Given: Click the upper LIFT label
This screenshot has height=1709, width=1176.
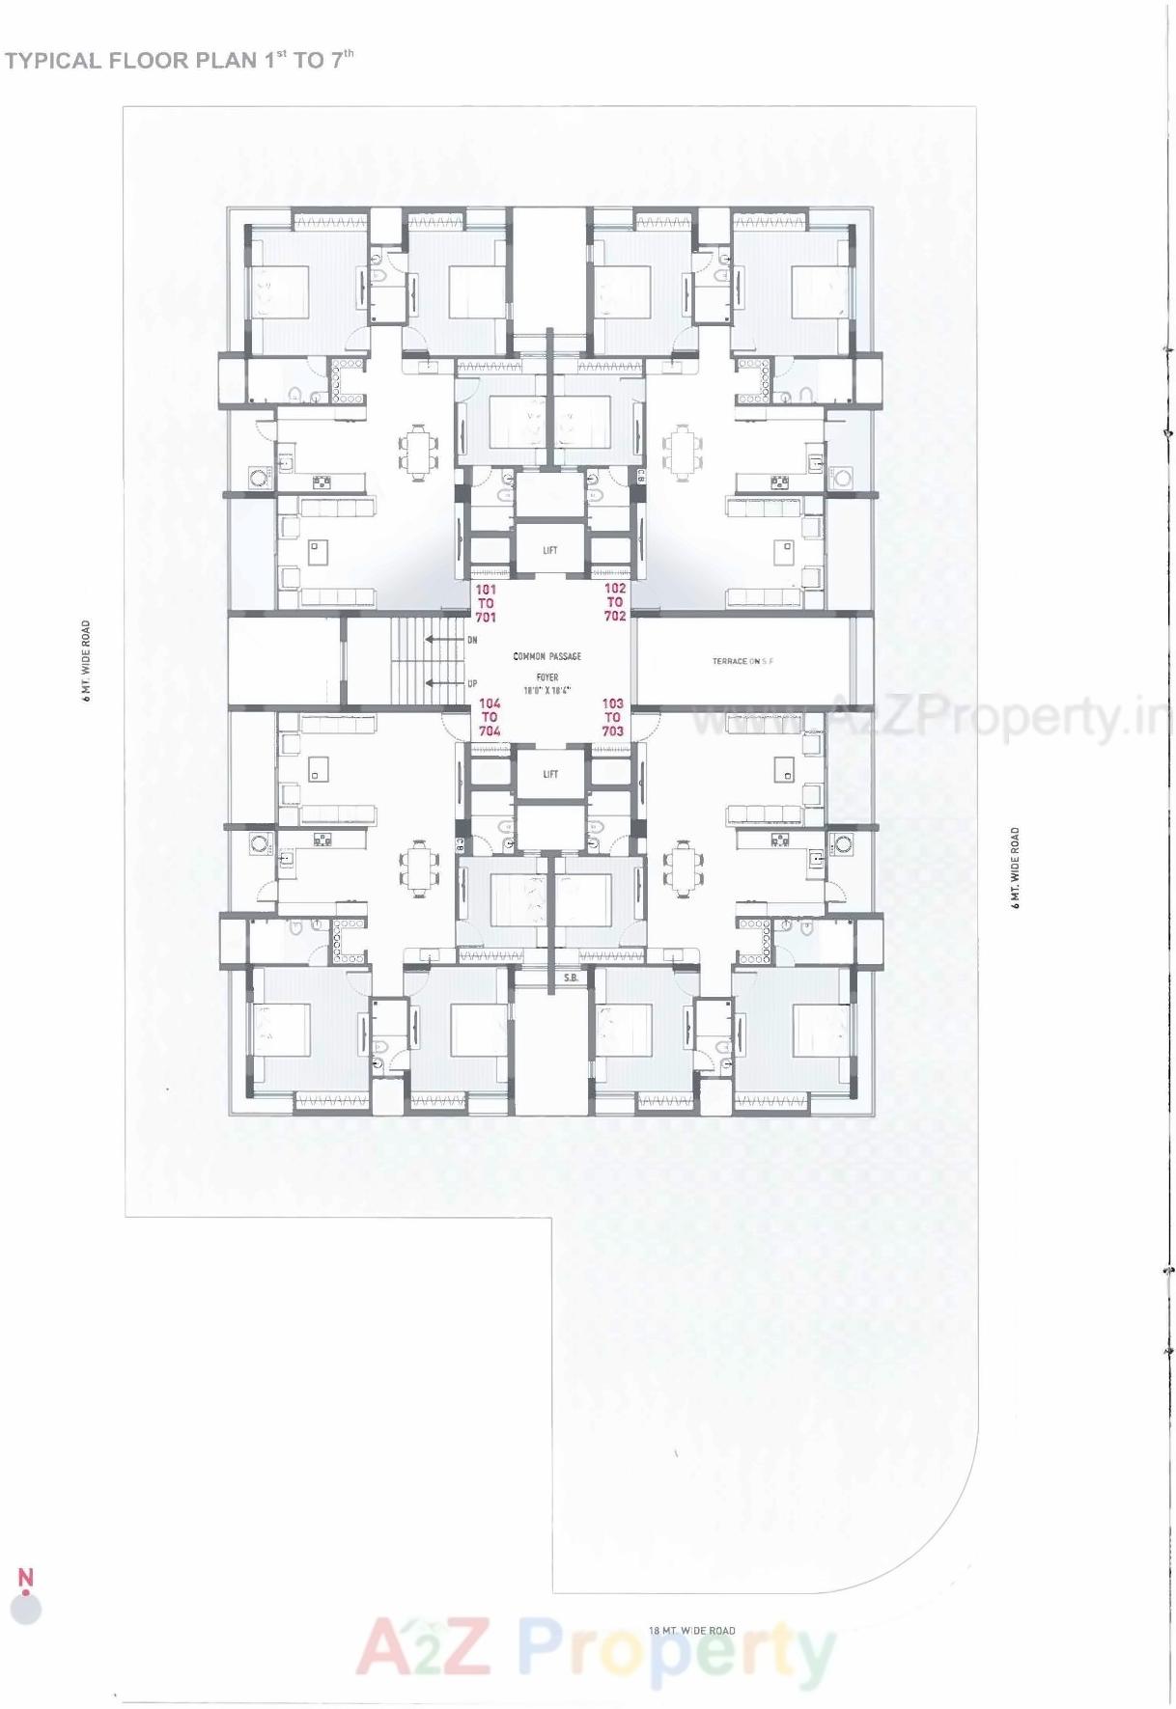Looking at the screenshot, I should tap(549, 551).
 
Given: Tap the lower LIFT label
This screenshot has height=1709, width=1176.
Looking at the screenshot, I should tap(549, 774).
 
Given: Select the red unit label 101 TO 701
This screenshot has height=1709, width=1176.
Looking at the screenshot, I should tap(486, 603).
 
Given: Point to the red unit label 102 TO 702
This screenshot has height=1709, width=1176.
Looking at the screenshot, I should tap(615, 602).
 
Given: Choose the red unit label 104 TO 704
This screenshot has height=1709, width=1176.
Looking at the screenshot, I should tap(490, 718).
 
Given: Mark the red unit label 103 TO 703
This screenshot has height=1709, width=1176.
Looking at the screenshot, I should tap(612, 718).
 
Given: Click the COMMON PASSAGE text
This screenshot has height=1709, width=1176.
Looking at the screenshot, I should tap(547, 656).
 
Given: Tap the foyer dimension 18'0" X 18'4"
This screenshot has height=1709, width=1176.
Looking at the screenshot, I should tap(547, 691).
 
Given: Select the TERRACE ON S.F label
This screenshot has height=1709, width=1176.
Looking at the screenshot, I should tap(742, 661).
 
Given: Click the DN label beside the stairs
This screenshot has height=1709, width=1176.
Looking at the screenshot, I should tap(472, 640).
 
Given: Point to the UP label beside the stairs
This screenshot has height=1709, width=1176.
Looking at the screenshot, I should tap(472, 683).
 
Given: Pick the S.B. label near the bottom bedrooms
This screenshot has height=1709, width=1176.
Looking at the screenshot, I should tap(571, 979).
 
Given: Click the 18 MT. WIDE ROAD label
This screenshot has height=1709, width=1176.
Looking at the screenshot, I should tap(692, 1631).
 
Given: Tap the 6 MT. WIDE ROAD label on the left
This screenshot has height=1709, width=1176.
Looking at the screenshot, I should tap(86, 661).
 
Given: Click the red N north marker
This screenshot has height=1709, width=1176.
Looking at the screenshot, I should tap(26, 1577).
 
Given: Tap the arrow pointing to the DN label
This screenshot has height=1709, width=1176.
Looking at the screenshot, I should tap(445, 640).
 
